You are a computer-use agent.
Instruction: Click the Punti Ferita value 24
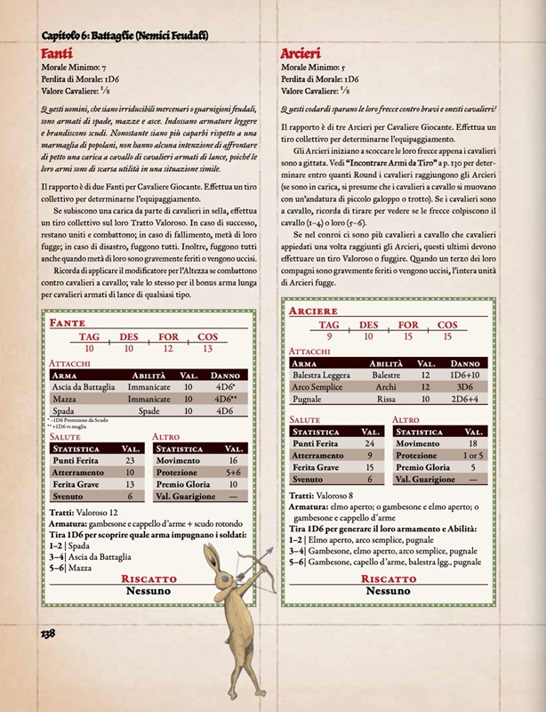(x=368, y=442)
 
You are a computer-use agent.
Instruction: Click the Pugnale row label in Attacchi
(x=310, y=400)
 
